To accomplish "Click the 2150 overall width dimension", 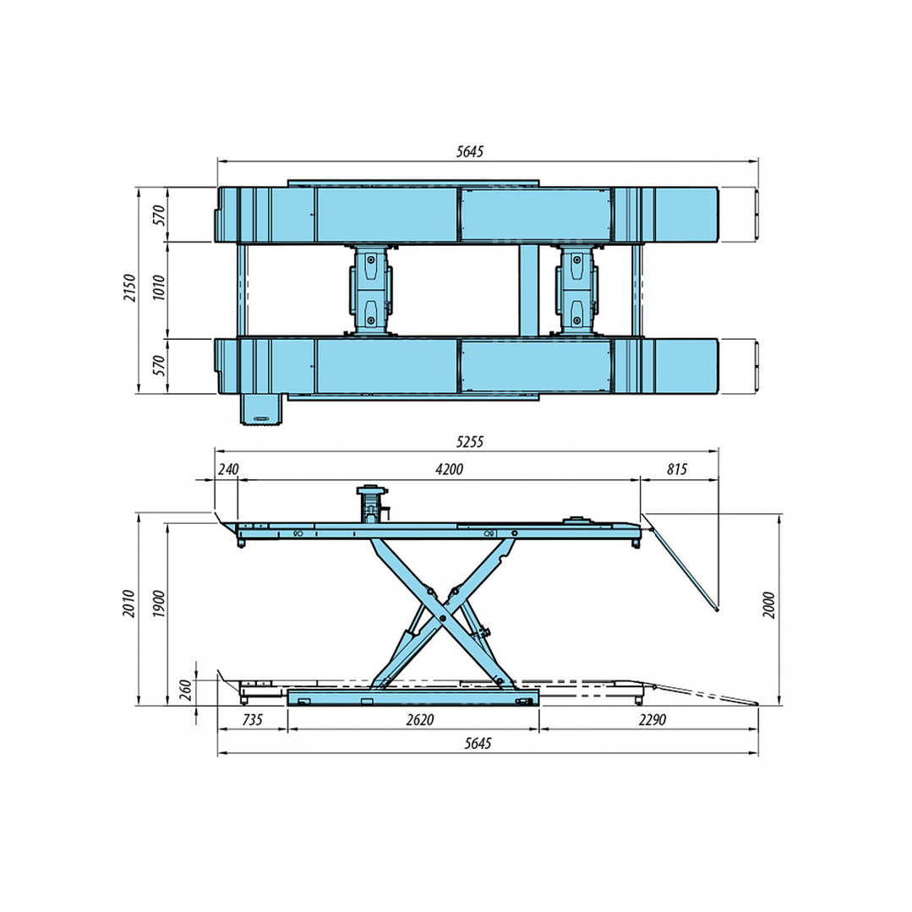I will [128, 291].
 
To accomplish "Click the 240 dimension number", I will [229, 470].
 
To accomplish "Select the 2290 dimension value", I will [651, 720].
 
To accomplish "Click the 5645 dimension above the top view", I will [469, 151].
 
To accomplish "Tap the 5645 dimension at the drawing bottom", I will [478, 744].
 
